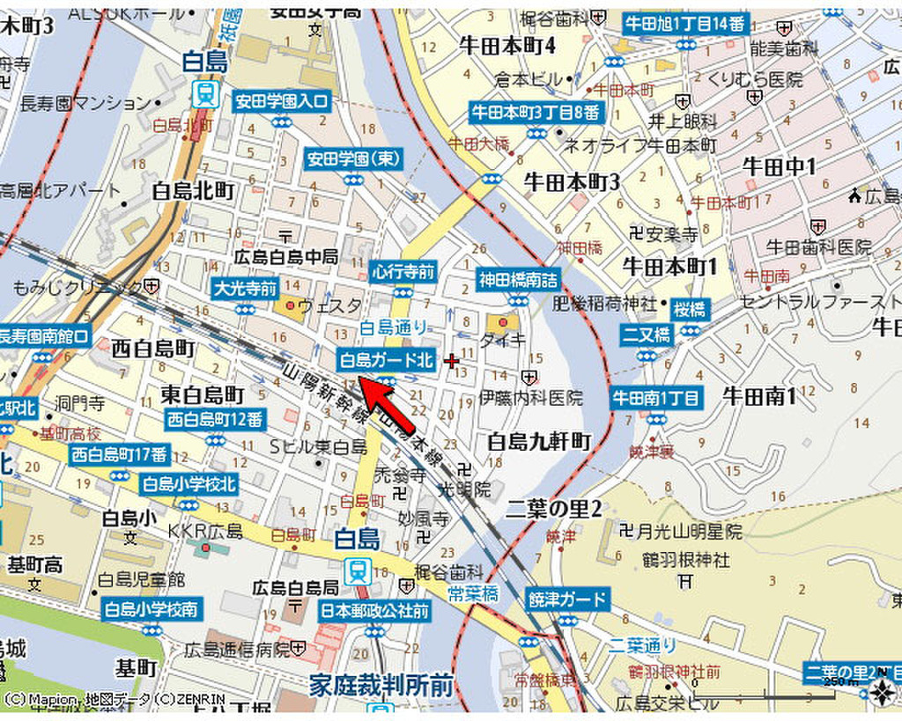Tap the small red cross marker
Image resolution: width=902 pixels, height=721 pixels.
[452, 360]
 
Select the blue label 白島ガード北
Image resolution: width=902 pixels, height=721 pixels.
[387, 359]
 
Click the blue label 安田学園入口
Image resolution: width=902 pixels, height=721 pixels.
[281, 101]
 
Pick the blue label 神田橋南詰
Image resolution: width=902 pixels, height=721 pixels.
[519, 280]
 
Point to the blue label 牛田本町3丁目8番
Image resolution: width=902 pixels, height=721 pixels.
[536, 113]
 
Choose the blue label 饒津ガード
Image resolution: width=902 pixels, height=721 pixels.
[568, 600]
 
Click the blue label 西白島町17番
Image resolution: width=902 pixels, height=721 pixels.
[120, 454]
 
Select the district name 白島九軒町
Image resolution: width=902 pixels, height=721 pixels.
[539, 441]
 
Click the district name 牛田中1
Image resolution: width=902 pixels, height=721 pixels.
[780, 166]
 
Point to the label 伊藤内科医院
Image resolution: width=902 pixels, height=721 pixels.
[531, 398]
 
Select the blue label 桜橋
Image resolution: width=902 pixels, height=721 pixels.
[690, 309]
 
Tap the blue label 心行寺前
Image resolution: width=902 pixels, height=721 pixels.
[403, 272]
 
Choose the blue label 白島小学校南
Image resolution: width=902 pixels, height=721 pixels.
[152, 608]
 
